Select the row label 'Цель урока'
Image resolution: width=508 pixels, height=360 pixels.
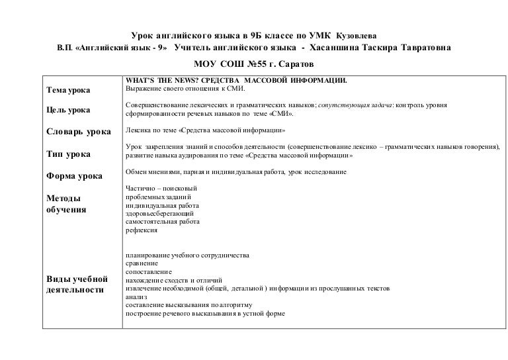69,109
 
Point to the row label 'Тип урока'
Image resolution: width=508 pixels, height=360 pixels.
68,154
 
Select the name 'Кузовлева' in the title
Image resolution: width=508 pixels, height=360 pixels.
359,34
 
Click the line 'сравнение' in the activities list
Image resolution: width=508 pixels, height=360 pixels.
142,263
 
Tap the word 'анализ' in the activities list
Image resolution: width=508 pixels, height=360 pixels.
136,297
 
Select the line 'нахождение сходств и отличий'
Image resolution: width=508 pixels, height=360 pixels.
173,280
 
